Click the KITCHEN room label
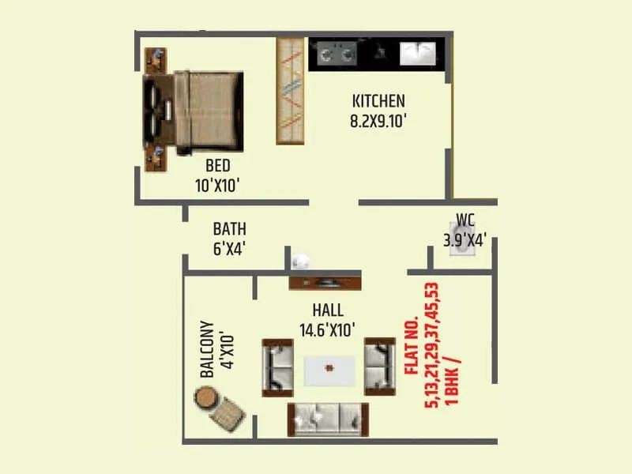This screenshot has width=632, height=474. click(x=378, y=101)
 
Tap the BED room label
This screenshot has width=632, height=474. click(x=217, y=166)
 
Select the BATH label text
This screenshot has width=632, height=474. click(x=229, y=229)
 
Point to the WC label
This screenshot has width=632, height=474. click(x=465, y=220)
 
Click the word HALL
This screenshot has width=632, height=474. click(x=327, y=310)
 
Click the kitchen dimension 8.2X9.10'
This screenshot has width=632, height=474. click(x=378, y=122)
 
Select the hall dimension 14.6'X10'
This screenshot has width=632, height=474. click(x=327, y=329)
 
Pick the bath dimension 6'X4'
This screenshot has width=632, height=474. click(x=229, y=248)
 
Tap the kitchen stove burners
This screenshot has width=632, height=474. click(x=337, y=55)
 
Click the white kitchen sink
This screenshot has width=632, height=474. click(x=419, y=54)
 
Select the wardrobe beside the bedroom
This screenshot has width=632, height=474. click(x=291, y=91)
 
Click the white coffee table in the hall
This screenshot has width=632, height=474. click(x=329, y=368)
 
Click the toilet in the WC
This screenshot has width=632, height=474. click(x=459, y=240)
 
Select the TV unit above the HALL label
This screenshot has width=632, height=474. click(x=324, y=283)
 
